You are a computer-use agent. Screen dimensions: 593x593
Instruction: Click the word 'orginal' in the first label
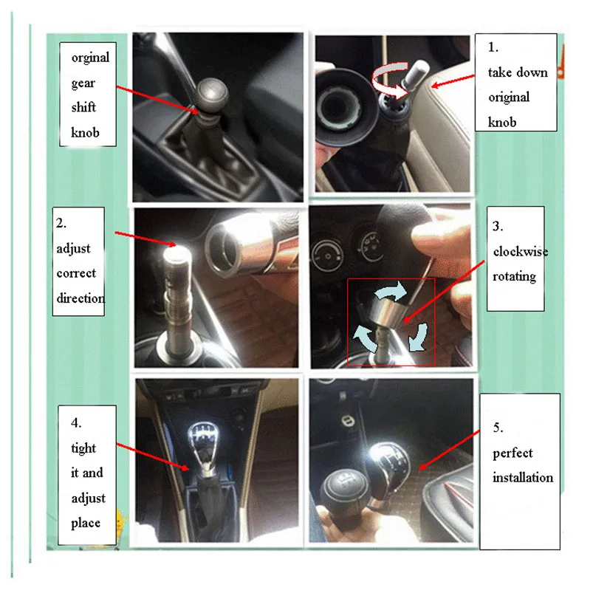[90, 58]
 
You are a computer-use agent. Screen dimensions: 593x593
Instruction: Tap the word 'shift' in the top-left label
[83, 107]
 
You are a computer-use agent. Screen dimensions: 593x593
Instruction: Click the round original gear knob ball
[212, 95]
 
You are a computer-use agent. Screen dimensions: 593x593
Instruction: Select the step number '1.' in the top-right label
[493, 47]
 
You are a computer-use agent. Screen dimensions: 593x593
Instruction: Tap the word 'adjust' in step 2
[73, 249]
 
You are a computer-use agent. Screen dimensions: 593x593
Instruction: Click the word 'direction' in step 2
[80, 298]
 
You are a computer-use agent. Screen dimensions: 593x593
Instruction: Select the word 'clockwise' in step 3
[521, 251]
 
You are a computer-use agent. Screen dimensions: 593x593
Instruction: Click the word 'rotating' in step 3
[514, 276]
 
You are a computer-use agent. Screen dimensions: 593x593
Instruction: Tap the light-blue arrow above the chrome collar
[391, 291]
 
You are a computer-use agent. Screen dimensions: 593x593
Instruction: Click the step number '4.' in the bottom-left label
[76, 423]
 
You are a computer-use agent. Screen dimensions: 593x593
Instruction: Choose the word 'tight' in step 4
[83, 448]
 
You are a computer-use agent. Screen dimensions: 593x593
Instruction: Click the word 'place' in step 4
[86, 523]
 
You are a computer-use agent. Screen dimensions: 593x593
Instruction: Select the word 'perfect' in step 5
[513, 453]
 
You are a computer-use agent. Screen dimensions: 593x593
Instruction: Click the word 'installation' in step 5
[523, 477]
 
